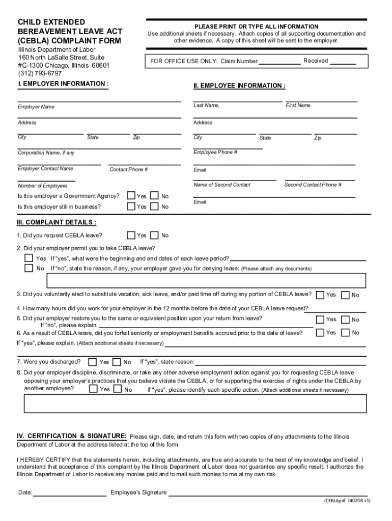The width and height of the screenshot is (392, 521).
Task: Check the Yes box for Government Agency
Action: click(131, 196)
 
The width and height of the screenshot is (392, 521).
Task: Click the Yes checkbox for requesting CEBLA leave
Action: click(131, 235)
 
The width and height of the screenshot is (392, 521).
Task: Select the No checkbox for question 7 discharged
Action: click(117, 362)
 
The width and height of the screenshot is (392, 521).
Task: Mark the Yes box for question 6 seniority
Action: click(320, 332)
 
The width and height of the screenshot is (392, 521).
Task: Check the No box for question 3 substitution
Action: click(345, 295)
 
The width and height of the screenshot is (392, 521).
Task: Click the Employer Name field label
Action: click(36, 107)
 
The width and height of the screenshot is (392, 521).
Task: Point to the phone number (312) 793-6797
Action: click(40, 73)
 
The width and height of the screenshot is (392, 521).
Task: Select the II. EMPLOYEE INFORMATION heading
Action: click(239, 85)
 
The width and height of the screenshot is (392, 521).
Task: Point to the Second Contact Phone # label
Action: click(313, 185)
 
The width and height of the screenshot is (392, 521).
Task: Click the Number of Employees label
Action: click(43, 186)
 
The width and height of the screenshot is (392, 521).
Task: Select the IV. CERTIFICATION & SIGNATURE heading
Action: click(72, 436)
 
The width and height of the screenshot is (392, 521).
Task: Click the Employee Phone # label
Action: click(215, 152)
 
